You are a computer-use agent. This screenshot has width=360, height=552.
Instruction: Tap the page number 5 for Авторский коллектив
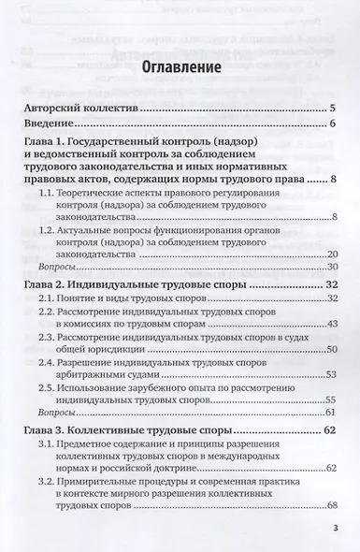tap(332, 110)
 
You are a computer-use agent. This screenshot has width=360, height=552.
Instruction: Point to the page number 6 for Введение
tap(332, 124)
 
